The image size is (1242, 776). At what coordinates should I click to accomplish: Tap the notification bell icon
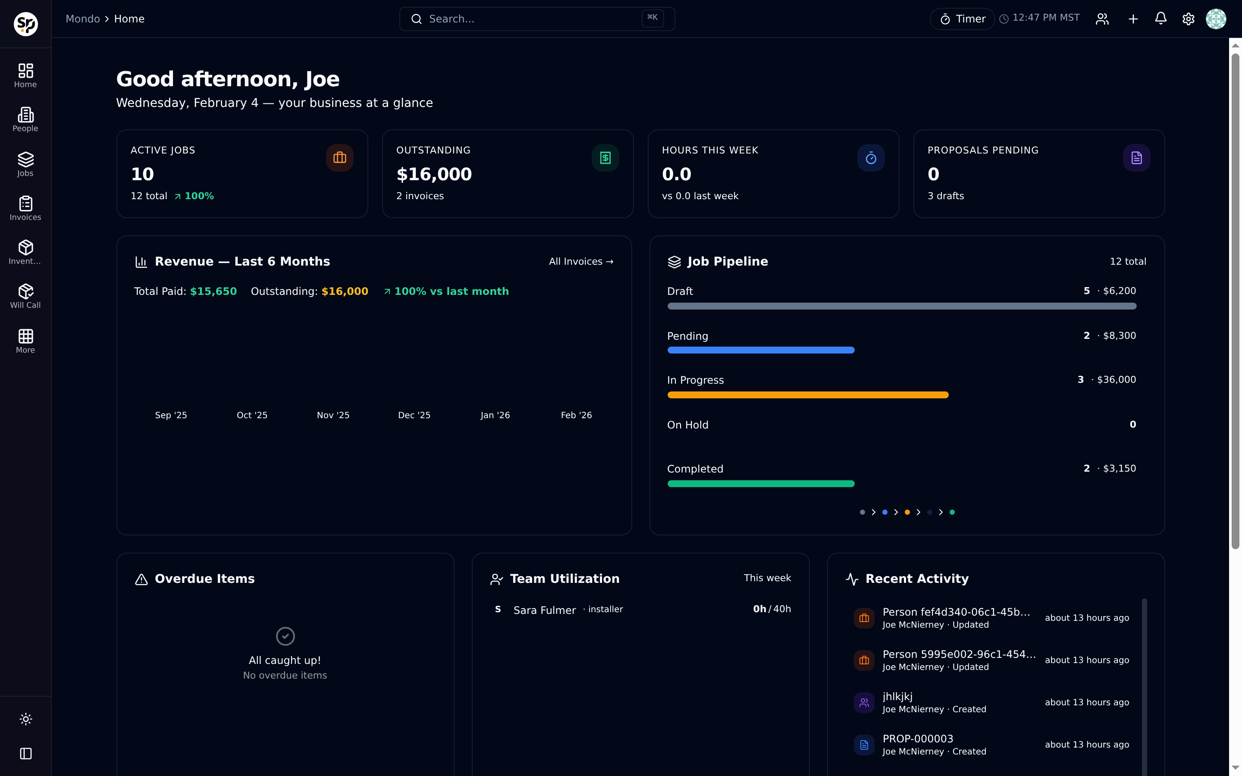1160,19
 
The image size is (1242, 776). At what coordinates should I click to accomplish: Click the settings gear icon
1188,19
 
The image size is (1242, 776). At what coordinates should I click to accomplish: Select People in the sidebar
25,119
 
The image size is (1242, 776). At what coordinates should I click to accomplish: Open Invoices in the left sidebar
25,208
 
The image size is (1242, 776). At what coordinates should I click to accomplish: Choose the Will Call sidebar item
25,296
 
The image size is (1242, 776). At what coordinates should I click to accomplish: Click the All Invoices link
581,261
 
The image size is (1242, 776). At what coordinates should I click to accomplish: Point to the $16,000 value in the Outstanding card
434,175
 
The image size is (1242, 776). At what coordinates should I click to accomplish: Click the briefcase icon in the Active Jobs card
340,157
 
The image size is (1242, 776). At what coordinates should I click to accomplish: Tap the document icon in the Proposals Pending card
1136,157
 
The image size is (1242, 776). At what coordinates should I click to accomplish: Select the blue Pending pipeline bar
761,350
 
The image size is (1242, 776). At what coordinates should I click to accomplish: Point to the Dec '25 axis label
414,415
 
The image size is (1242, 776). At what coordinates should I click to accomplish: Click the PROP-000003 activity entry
918,738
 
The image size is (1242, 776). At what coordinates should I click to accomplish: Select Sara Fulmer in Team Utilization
545,610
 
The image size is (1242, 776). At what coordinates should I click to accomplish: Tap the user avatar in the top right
1216,19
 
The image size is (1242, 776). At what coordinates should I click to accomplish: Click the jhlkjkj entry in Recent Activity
897,696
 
